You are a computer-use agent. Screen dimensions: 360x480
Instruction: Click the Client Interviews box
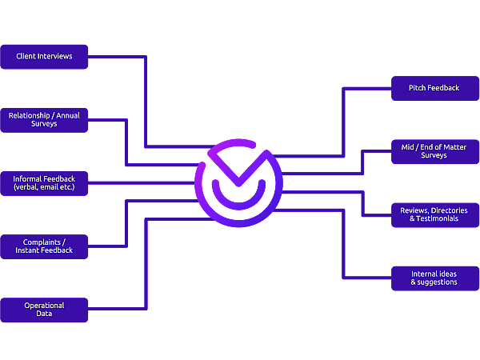44,57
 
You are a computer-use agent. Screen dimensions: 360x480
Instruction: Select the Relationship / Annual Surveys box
44,120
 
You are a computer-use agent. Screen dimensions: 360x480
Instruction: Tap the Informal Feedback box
44,183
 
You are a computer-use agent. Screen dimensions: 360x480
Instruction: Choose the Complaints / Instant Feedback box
44,246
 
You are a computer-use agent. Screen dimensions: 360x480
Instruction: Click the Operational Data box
44,310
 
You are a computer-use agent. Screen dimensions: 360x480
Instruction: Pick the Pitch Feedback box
435,88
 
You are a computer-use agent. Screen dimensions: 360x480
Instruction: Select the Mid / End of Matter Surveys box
435,151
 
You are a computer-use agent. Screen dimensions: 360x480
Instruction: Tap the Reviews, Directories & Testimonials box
435,214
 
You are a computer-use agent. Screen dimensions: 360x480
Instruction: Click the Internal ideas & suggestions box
435,278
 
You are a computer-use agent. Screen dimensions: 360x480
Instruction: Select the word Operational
44,305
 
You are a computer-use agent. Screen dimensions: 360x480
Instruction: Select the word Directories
450,210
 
